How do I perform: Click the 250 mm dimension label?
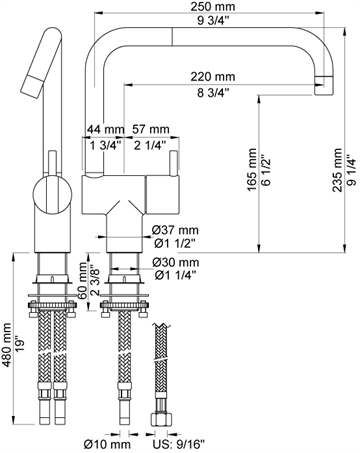[x=213, y=6]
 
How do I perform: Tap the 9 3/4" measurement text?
[x=213, y=21]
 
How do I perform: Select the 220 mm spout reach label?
[x=213, y=77]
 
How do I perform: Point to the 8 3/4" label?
[x=213, y=92]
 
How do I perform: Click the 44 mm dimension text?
[x=105, y=129]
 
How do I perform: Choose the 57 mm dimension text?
[x=151, y=129]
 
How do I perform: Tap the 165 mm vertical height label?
[x=252, y=170]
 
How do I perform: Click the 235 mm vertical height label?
[x=337, y=170]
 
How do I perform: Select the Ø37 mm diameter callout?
[x=175, y=230]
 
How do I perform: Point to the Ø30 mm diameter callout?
[x=176, y=262]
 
